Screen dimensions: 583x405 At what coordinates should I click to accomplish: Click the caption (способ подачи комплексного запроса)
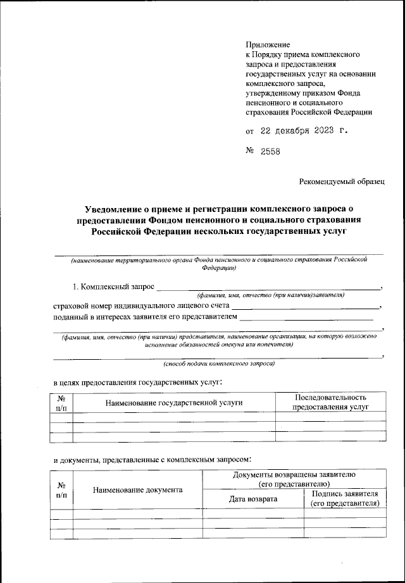pyautogui.click(x=219, y=364)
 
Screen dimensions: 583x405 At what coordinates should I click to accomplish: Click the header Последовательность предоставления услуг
pyautogui.click(x=330, y=402)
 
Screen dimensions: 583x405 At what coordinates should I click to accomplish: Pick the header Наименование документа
pyautogui.click(x=138, y=489)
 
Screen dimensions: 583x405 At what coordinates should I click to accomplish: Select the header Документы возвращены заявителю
pyautogui.click(x=294, y=479)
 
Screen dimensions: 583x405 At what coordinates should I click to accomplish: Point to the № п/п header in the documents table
pyautogui.click(x=62, y=489)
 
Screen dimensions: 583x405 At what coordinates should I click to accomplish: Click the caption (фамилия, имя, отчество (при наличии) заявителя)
pyautogui.click(x=270, y=295)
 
